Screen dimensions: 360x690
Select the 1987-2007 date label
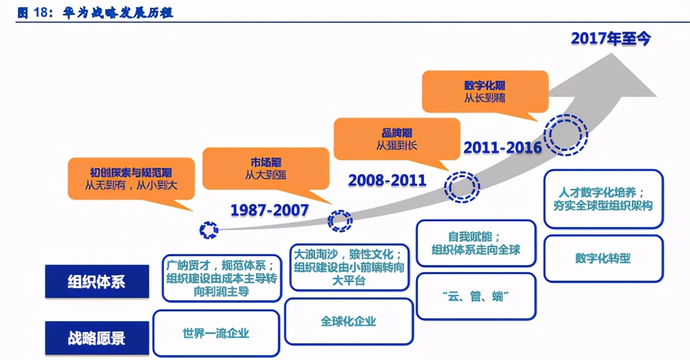tap(270, 209)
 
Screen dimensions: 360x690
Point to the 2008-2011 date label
tap(387, 179)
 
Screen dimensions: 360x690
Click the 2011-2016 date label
tap(502, 147)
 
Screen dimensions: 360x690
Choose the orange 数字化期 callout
tap(485, 91)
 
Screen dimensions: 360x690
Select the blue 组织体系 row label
tap(97, 281)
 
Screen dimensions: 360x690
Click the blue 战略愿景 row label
tap(97, 338)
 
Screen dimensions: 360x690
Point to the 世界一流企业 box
tap(216, 333)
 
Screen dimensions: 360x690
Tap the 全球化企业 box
tap(349, 321)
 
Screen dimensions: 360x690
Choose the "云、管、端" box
tap(476, 296)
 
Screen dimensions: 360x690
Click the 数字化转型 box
tap(603, 258)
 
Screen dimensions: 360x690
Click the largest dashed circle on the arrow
tap(565, 136)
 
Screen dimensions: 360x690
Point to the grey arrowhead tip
tap(655, 96)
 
